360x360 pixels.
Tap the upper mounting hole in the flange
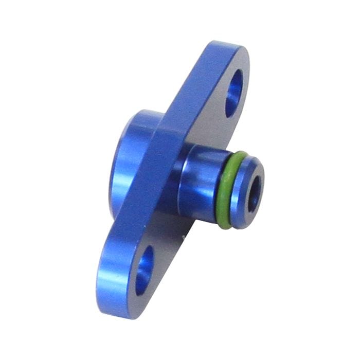tap(235, 93)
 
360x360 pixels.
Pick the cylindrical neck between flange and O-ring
tap(198, 180)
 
